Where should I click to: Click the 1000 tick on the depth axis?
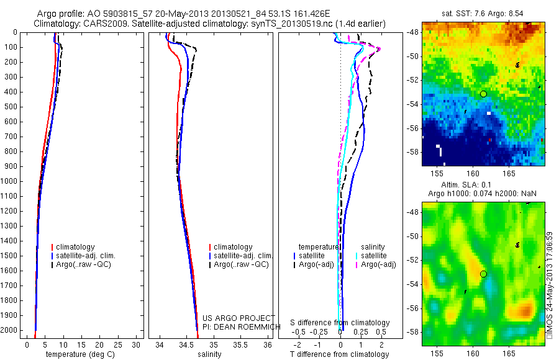[11, 181]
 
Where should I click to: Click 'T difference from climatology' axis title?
[339, 354]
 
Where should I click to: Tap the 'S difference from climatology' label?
[340, 323]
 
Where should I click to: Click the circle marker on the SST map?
[483, 94]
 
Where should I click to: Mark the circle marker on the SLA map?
[483, 274]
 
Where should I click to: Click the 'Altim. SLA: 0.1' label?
[483, 185]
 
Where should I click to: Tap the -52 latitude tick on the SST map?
[413, 79]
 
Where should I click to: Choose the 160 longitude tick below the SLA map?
[472, 352]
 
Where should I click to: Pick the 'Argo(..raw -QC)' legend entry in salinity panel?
[241, 265]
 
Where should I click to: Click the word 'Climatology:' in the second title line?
[57, 24]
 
